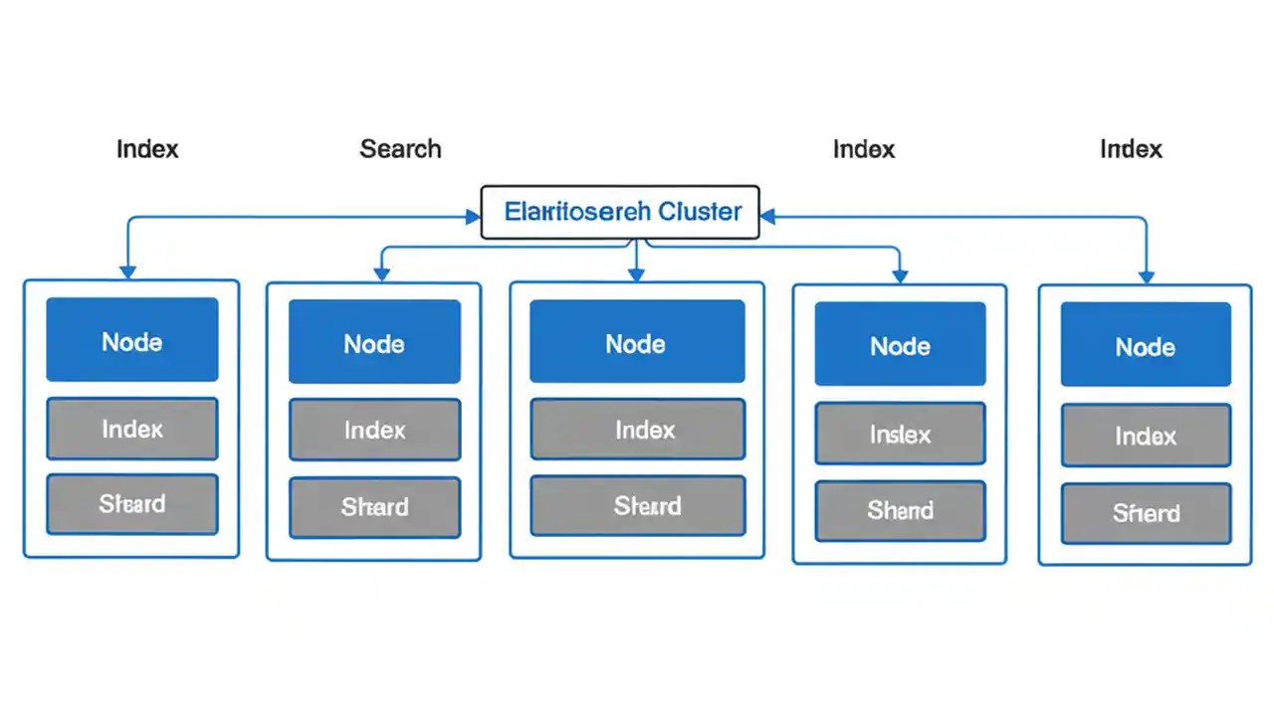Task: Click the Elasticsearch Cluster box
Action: [x=620, y=212]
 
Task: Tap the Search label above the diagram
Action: [x=400, y=149]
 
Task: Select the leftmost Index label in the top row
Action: [x=147, y=149]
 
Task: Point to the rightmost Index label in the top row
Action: [x=1131, y=149]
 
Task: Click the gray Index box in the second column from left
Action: [x=374, y=430]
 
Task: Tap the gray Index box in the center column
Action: [x=637, y=430]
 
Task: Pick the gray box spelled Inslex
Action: [x=900, y=434]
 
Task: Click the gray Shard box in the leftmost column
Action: [x=132, y=504]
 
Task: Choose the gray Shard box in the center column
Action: [x=637, y=506]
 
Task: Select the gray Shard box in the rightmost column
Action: [x=1146, y=513]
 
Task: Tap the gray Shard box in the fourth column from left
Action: [x=900, y=511]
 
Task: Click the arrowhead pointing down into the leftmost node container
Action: [x=127, y=271]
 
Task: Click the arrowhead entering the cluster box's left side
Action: [x=473, y=217]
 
